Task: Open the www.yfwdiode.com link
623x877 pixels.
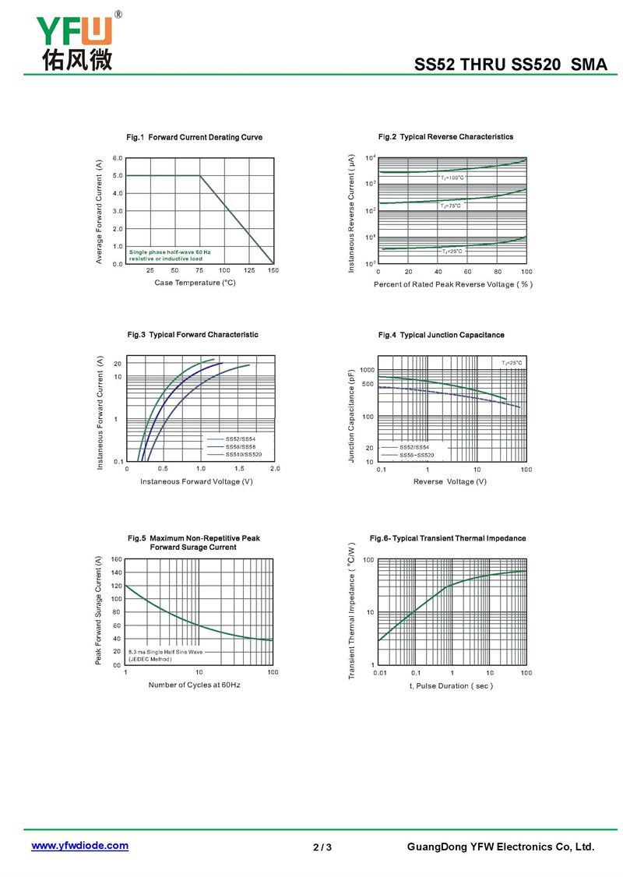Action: [x=79, y=846]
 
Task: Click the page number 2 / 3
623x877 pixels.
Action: [x=322, y=847]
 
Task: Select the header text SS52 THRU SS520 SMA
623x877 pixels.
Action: [x=510, y=65]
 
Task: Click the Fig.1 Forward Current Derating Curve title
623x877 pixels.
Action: [x=194, y=137]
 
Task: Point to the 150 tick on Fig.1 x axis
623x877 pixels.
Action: [x=273, y=270]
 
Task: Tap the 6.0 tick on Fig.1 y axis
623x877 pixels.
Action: [x=117, y=158]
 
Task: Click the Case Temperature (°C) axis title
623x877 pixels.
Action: [x=195, y=283]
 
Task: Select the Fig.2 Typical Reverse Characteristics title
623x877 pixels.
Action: [x=445, y=136]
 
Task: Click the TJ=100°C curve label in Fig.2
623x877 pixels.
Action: [x=452, y=178]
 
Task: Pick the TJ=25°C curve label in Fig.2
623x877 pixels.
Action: [x=452, y=251]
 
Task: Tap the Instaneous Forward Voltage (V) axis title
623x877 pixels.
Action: [x=196, y=481]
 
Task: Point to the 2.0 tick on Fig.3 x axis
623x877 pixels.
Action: [x=274, y=469]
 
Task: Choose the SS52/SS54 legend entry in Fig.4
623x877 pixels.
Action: [x=414, y=447]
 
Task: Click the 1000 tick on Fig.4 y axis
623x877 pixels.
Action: [x=367, y=370]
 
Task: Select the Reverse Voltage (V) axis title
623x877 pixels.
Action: [x=450, y=481]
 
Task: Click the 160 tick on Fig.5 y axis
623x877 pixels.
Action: [x=116, y=559]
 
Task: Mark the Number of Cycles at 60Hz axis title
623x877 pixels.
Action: [x=195, y=685]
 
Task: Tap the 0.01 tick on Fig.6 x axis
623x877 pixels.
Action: [x=379, y=672]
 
